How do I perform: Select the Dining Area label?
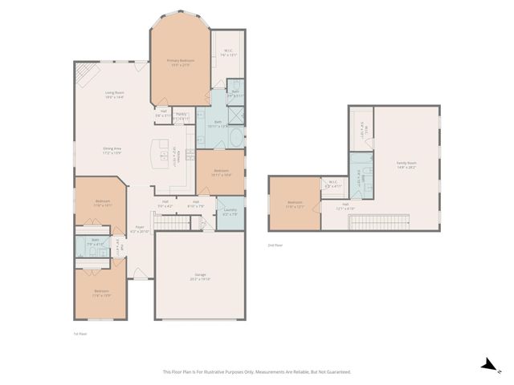112,150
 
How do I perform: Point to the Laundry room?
229,213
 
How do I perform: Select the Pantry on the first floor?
182,116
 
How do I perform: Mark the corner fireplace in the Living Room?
85,74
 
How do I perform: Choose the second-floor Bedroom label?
295,203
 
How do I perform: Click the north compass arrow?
487,365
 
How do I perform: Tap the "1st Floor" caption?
80,334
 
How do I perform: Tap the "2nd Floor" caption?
275,245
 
